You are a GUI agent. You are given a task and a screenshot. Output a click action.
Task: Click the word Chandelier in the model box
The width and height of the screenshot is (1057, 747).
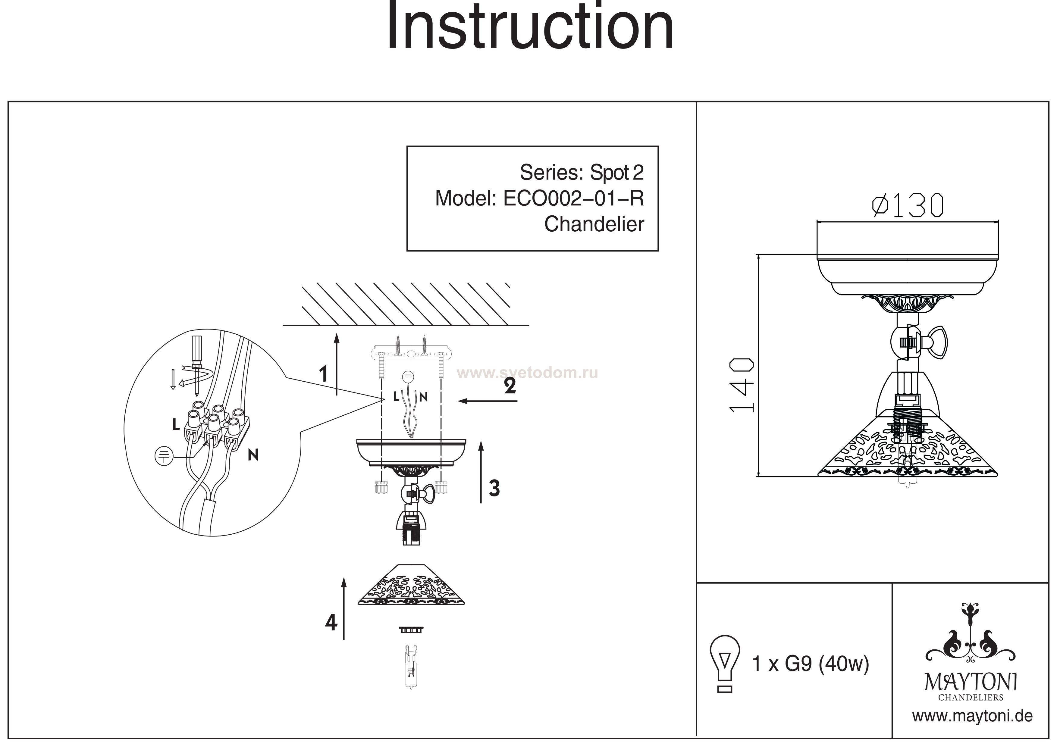tap(594, 224)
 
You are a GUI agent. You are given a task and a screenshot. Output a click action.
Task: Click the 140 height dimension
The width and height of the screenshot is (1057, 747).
tap(742, 386)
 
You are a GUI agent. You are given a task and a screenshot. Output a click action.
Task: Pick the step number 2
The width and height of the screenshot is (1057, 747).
tap(510, 386)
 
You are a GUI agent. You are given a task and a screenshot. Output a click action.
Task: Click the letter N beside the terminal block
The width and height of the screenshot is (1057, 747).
tap(253, 455)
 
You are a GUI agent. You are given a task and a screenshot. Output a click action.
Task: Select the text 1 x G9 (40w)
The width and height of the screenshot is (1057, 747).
tap(810, 664)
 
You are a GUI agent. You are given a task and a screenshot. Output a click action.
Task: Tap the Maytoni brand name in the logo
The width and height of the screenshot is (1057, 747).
tap(971, 682)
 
